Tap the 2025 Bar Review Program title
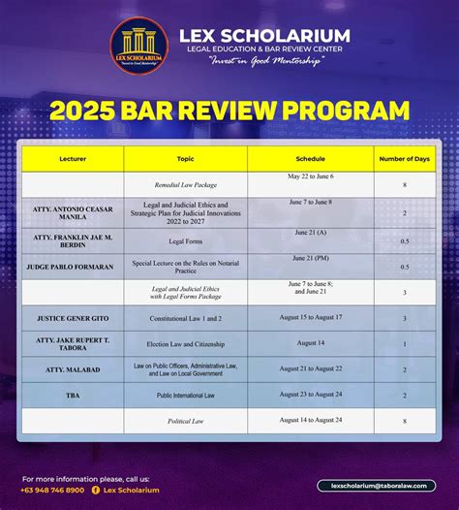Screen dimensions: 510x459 tap(229, 110)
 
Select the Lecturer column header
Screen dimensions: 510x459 tap(73, 158)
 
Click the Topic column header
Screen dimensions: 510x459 tap(185, 158)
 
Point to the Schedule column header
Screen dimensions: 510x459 tap(310, 158)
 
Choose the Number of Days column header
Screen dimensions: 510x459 tap(404, 158)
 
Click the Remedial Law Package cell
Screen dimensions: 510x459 tap(185, 184)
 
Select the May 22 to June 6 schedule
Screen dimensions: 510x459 tap(310, 177)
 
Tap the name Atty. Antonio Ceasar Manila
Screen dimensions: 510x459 tap(73, 212)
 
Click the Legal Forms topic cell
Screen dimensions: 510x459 tap(185, 240)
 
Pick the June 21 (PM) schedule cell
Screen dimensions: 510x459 tap(310, 260)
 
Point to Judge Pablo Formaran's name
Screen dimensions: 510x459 tap(73, 267)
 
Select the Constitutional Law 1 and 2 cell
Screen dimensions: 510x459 tap(185, 317)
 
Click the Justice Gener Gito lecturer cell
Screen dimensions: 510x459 tap(73, 317)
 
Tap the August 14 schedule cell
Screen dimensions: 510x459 tap(310, 342)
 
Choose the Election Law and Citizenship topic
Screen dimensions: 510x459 tap(185, 343)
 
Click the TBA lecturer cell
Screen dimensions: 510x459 tap(73, 396)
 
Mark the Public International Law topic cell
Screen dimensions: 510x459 tap(185, 396)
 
